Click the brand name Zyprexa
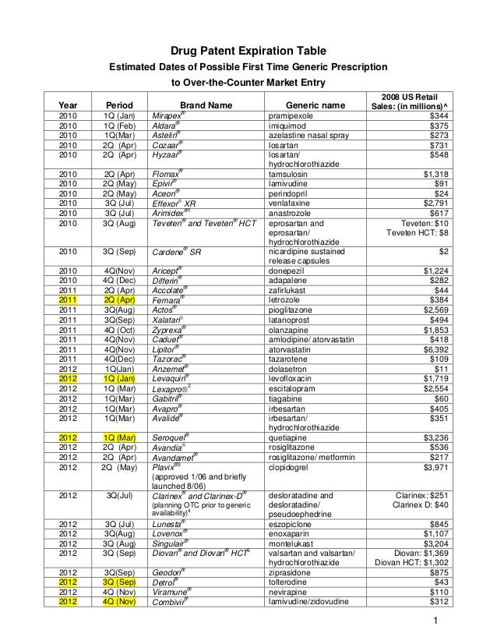pyautogui.click(x=166, y=329)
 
